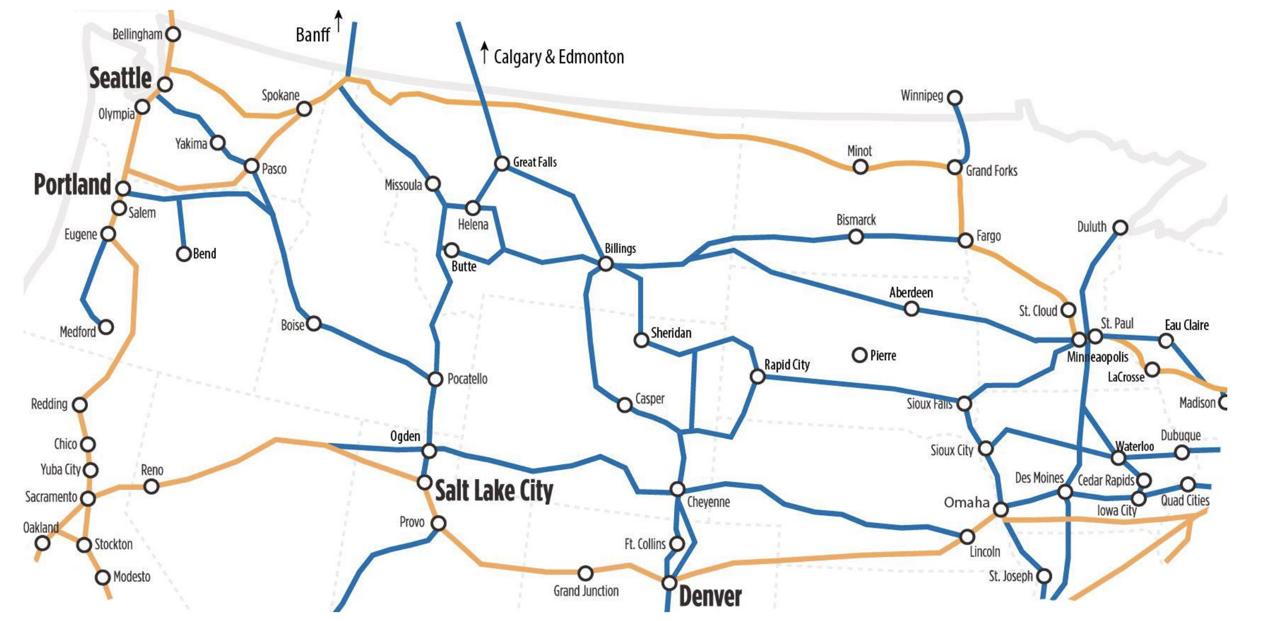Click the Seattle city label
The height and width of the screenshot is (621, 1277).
120,79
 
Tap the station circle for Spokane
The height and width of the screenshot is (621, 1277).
304,109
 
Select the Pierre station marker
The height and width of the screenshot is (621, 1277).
859,355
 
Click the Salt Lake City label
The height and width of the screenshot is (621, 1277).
494,491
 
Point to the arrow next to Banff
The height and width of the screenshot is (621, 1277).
339,21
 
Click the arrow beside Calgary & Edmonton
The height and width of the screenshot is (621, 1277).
485,53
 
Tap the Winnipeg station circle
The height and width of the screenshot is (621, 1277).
955,97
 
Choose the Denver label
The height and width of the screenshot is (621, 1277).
710,597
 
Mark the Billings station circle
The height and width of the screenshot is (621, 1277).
606,263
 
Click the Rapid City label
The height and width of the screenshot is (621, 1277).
787,364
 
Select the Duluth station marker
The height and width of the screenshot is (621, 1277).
1120,227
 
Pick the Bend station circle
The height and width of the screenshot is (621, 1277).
183,254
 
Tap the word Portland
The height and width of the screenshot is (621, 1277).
72,185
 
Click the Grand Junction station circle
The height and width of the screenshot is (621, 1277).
585,573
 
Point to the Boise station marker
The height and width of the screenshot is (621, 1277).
313,324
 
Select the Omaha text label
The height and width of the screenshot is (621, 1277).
966,503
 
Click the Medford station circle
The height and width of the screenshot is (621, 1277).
106,327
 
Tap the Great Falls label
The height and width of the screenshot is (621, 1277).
535,162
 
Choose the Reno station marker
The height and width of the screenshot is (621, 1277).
151,486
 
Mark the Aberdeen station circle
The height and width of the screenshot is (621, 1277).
911,309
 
